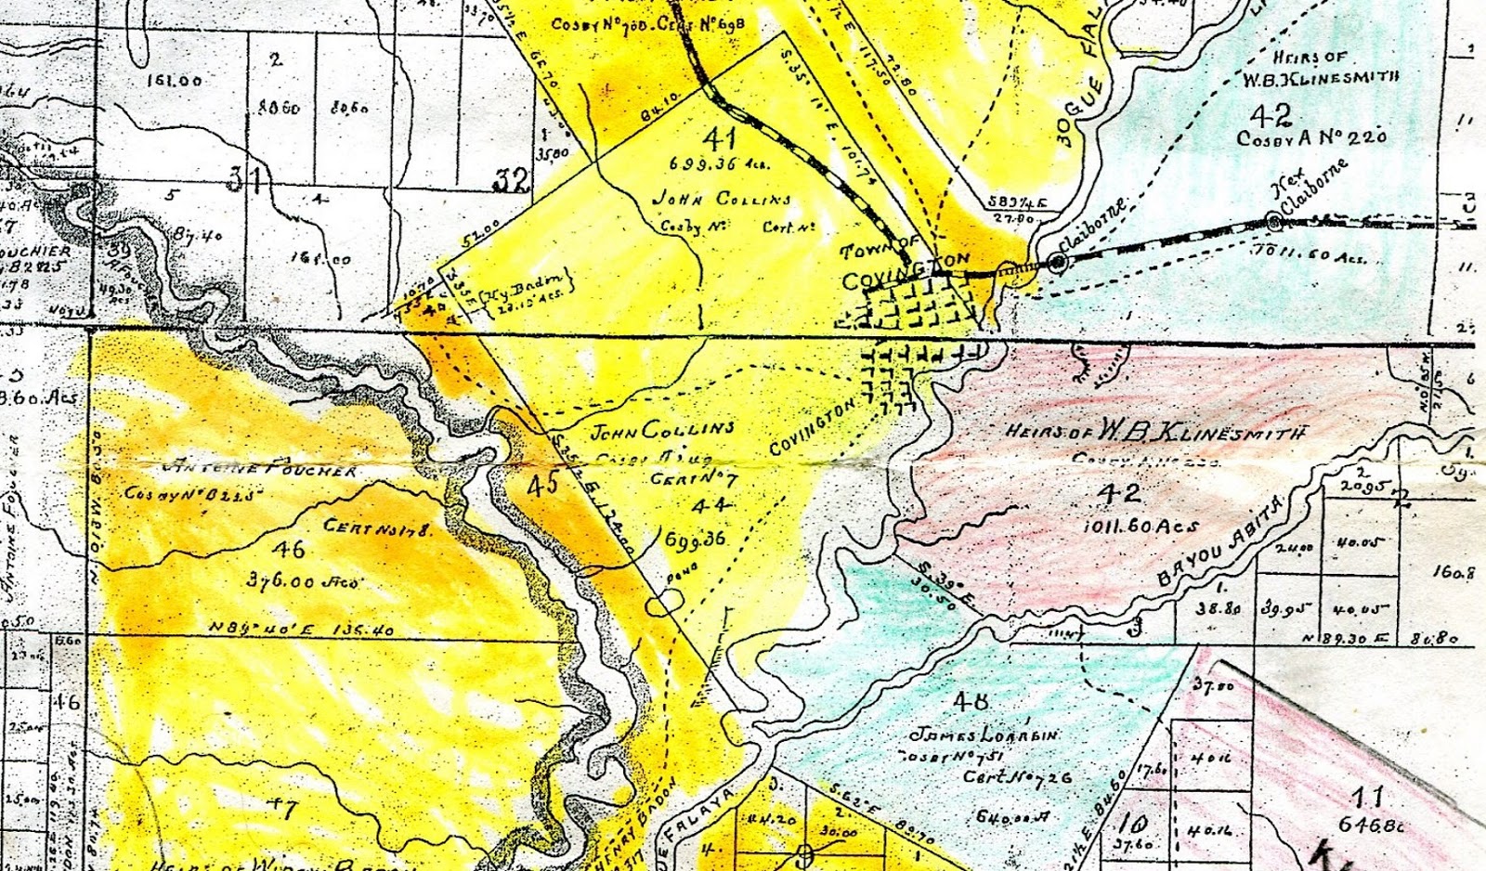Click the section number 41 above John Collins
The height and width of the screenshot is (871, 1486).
click(x=720, y=139)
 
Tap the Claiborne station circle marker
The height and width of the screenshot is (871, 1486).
click(x=1057, y=263)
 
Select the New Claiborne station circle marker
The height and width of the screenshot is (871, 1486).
click(x=1273, y=222)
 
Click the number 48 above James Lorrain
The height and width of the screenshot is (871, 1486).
click(x=970, y=701)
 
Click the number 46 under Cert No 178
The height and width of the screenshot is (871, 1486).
click(x=288, y=550)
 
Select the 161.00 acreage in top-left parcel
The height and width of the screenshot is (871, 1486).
click(x=175, y=81)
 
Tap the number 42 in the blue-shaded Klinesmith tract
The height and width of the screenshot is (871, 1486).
click(x=1270, y=115)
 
